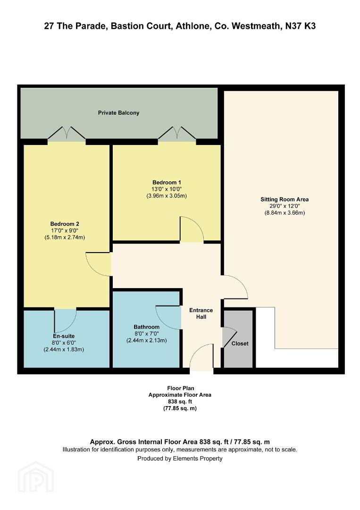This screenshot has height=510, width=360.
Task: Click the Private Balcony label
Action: coord(118,113)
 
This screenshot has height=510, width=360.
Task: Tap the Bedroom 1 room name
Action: coord(167,182)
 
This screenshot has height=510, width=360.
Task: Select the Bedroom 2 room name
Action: coord(65,224)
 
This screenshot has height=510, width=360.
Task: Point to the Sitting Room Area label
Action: coord(285,199)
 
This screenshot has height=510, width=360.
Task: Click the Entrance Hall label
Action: coord(201,314)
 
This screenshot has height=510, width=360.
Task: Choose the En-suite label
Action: coord(64,336)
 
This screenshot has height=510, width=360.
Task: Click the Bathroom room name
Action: coord(147,327)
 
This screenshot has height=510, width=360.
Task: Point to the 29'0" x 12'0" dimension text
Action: coord(285,206)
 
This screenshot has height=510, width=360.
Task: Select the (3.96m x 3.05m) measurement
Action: coord(167,196)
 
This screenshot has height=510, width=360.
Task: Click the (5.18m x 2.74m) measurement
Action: coord(65,238)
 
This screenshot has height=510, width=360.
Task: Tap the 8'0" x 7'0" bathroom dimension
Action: coord(147,334)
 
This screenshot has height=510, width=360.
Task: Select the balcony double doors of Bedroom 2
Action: coord(67,134)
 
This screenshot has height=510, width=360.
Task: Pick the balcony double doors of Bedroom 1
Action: coord(177,134)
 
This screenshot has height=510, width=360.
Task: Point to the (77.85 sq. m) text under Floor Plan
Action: coord(180,408)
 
